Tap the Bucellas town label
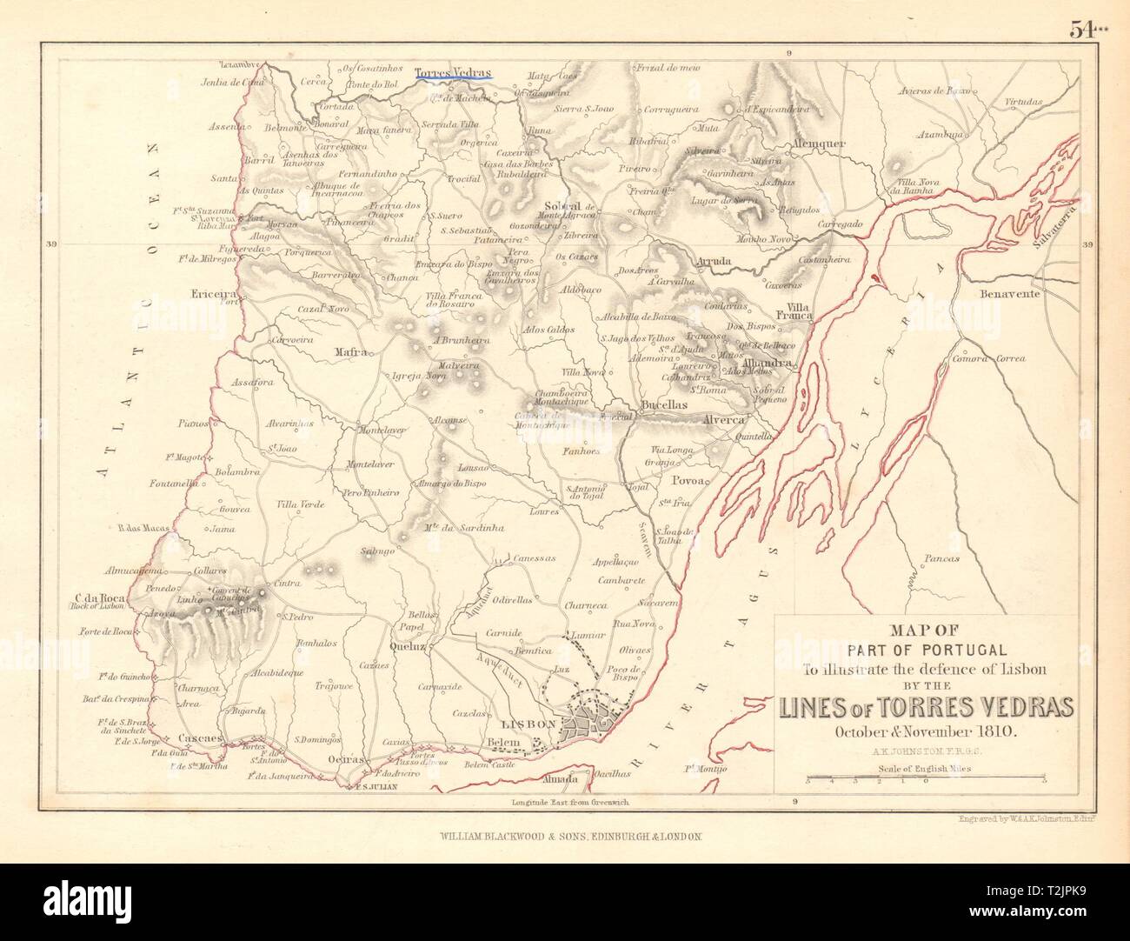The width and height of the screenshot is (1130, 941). [664, 405]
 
